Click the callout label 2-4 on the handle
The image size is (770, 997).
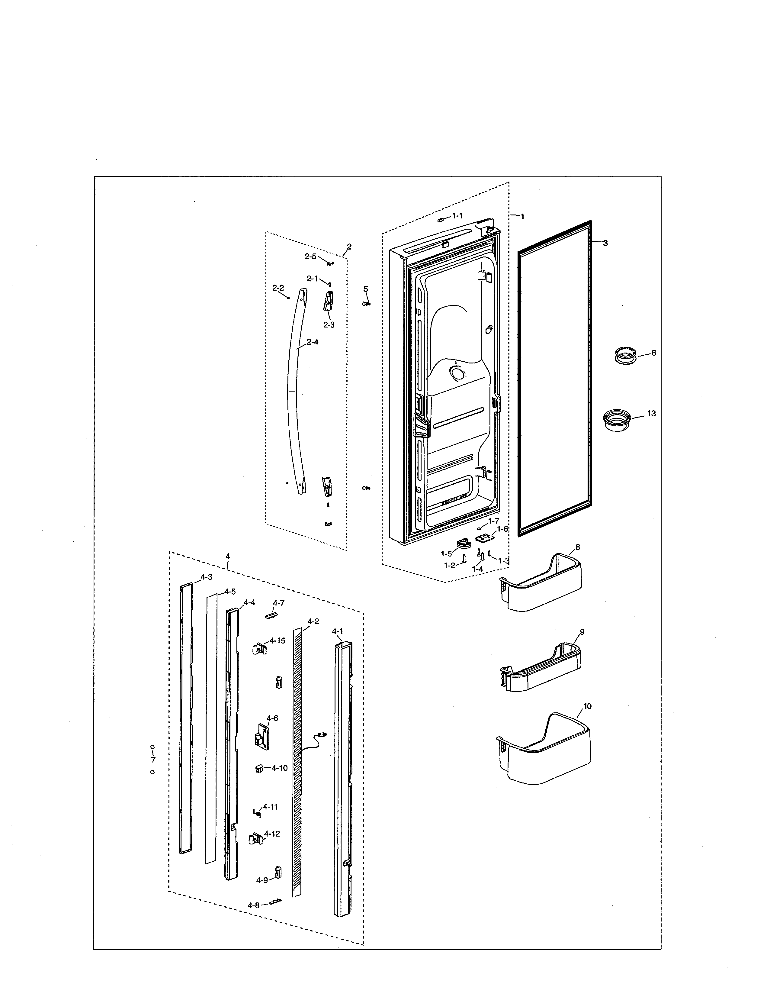click(313, 342)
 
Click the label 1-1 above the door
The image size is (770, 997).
click(457, 215)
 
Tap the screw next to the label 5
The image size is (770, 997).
click(366, 304)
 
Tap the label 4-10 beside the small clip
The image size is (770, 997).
click(279, 768)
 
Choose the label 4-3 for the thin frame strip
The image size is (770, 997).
click(205, 577)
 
